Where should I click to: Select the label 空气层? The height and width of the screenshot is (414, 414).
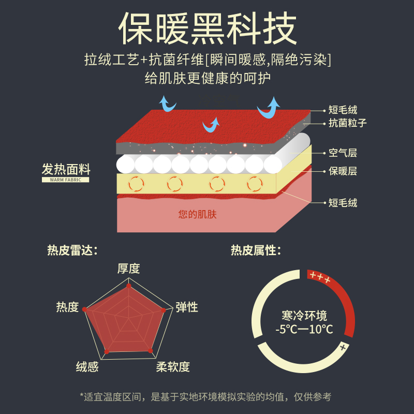click(x=343, y=153)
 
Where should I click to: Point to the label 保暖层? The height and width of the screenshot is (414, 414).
click(x=343, y=171)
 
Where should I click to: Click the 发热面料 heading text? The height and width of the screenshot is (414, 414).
click(x=66, y=169)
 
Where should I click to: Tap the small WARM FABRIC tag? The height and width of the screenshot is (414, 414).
click(x=66, y=180)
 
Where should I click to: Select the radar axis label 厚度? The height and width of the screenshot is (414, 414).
click(x=128, y=269)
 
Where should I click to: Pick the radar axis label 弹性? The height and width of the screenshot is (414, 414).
click(x=187, y=307)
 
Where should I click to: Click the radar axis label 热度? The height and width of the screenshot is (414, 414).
click(x=67, y=307)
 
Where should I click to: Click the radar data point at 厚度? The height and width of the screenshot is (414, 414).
click(x=129, y=286)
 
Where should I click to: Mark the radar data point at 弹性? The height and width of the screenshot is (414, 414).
click(x=164, y=310)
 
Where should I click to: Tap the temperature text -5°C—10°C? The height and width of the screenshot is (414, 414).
click(x=304, y=330)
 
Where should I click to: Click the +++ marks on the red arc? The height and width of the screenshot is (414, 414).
click(x=320, y=279)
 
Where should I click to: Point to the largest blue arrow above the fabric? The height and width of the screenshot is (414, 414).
click(x=269, y=108)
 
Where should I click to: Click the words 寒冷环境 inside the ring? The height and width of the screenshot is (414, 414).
click(x=304, y=315)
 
